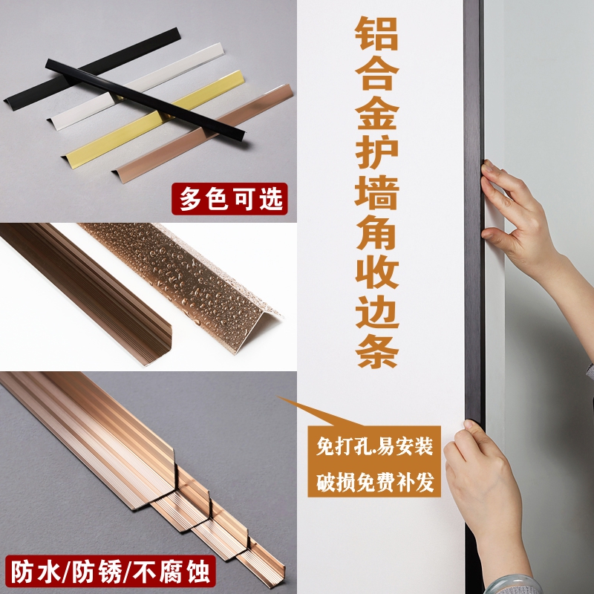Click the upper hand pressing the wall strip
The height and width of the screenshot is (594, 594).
[520, 215]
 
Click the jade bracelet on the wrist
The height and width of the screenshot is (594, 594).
[564, 583]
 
